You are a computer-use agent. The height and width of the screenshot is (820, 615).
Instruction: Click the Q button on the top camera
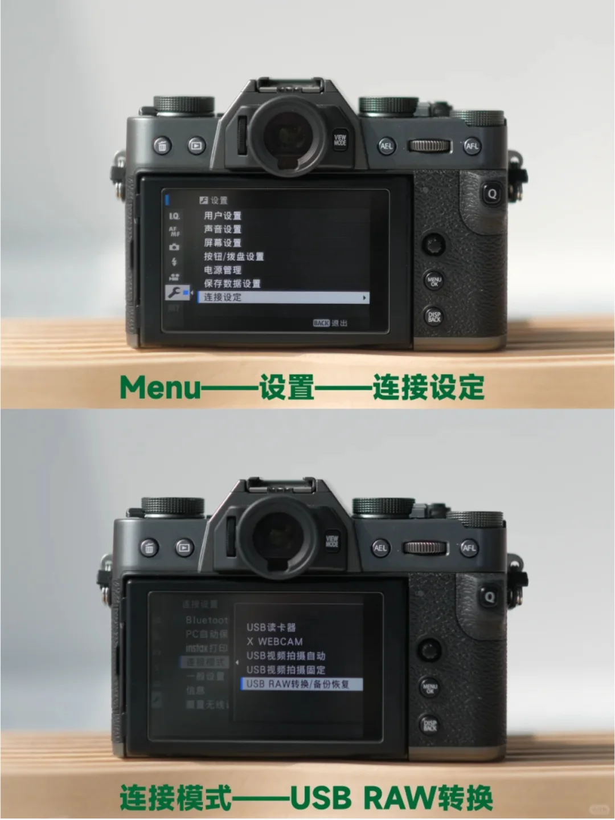pos(492,194)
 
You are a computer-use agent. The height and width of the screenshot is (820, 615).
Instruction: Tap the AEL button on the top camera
pos(387,146)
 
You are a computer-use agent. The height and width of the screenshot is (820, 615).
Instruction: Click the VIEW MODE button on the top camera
pos(340,140)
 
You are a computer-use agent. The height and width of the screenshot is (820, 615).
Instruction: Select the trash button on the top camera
pos(162,146)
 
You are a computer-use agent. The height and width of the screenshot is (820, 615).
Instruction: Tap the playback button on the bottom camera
pos(184,548)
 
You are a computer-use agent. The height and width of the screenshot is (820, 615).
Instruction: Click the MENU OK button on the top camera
pos(434,280)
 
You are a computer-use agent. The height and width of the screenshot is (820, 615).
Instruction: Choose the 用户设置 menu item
pos(223,215)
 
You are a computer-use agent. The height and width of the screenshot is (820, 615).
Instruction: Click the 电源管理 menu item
pos(223,270)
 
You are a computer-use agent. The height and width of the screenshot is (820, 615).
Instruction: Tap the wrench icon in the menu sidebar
pos(174,292)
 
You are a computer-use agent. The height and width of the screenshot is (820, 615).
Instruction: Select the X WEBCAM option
pos(274,642)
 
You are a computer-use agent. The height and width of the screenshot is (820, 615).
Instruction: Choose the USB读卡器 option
pos(271,627)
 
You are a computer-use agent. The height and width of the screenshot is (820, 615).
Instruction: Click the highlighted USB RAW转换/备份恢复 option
pos(301,684)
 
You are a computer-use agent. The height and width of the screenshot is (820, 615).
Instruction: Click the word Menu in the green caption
pos(160,388)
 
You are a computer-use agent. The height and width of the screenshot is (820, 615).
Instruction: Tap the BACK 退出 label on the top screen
pos(330,323)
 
